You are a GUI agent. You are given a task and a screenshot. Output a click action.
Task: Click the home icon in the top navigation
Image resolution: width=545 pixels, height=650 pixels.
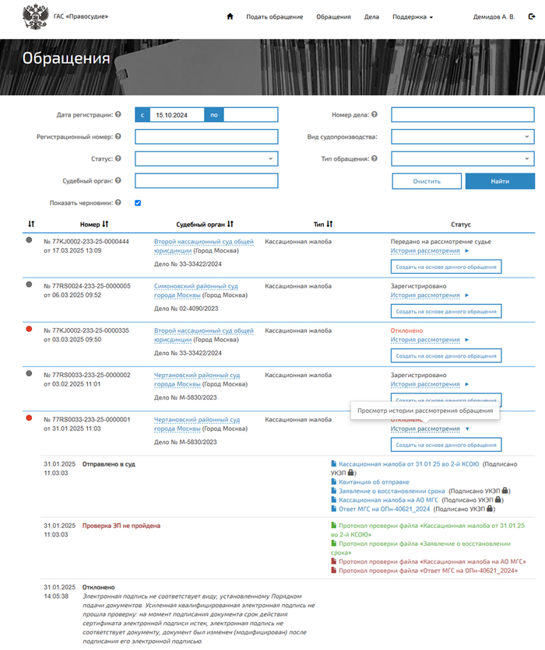pos(230,16)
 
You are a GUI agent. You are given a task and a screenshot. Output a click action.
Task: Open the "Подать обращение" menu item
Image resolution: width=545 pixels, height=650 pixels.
pos(275,16)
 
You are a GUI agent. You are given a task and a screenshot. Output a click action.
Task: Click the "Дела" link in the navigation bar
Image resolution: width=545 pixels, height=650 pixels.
pos(371,16)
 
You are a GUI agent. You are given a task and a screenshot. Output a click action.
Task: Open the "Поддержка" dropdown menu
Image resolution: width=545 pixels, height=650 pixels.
pos(413,16)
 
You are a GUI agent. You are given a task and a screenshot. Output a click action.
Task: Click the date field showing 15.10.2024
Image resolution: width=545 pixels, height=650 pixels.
pos(178,115)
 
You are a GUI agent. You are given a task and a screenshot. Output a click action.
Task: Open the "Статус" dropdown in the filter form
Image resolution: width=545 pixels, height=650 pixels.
pos(206,159)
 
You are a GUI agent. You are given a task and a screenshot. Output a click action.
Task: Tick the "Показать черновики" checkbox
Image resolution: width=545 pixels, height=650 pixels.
pos(138,203)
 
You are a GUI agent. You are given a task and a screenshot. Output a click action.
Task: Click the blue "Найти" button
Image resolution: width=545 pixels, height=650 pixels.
pos(500,181)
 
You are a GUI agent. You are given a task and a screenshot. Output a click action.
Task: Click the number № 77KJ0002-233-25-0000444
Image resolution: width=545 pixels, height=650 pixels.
pos(86,242)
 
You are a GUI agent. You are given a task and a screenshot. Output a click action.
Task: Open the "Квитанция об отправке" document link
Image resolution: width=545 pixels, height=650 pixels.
pos(368,481)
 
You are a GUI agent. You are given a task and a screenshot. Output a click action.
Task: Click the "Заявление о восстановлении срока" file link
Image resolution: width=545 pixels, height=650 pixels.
pos(391,491)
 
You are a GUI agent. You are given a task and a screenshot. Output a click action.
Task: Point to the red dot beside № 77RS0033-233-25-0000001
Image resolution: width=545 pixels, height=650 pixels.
pos(30,418)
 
